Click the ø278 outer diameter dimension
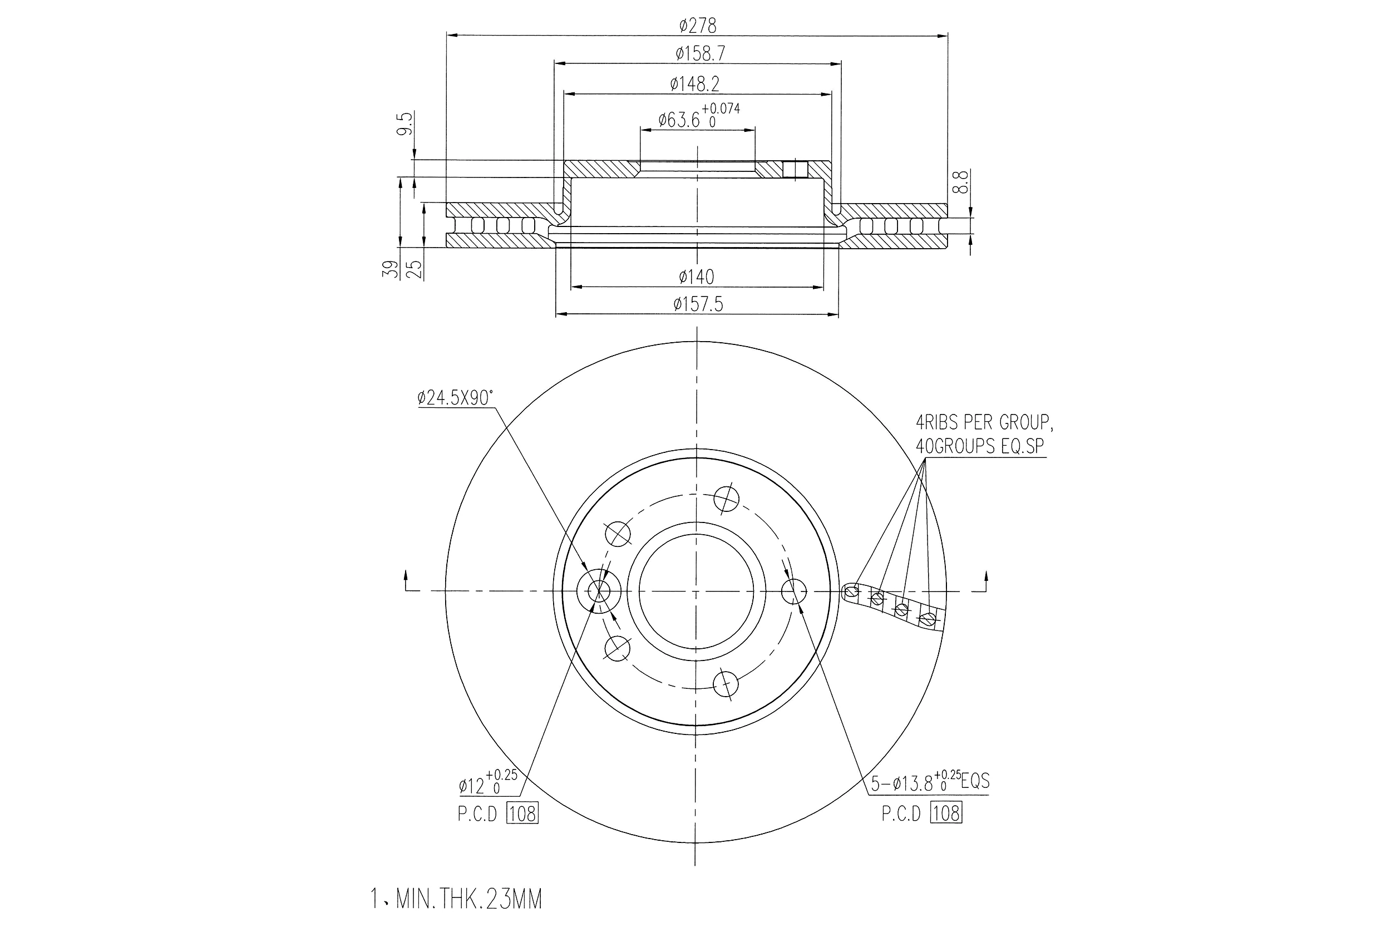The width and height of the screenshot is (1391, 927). click(x=698, y=26)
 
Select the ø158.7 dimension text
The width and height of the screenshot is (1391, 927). click(x=700, y=54)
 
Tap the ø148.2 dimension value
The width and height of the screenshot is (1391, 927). click(x=694, y=84)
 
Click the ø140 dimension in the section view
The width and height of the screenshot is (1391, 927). click(x=697, y=276)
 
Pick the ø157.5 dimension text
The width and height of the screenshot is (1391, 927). click(x=698, y=304)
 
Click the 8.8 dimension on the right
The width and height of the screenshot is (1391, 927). click(x=962, y=181)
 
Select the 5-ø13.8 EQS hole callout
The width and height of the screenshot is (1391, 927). click(x=929, y=782)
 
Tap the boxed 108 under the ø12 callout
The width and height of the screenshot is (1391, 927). click(x=522, y=814)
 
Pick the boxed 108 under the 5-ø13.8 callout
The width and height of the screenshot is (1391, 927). click(x=946, y=813)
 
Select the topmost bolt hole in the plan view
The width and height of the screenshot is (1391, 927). click(x=726, y=499)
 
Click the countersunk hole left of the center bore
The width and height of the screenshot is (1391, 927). click(x=598, y=590)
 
